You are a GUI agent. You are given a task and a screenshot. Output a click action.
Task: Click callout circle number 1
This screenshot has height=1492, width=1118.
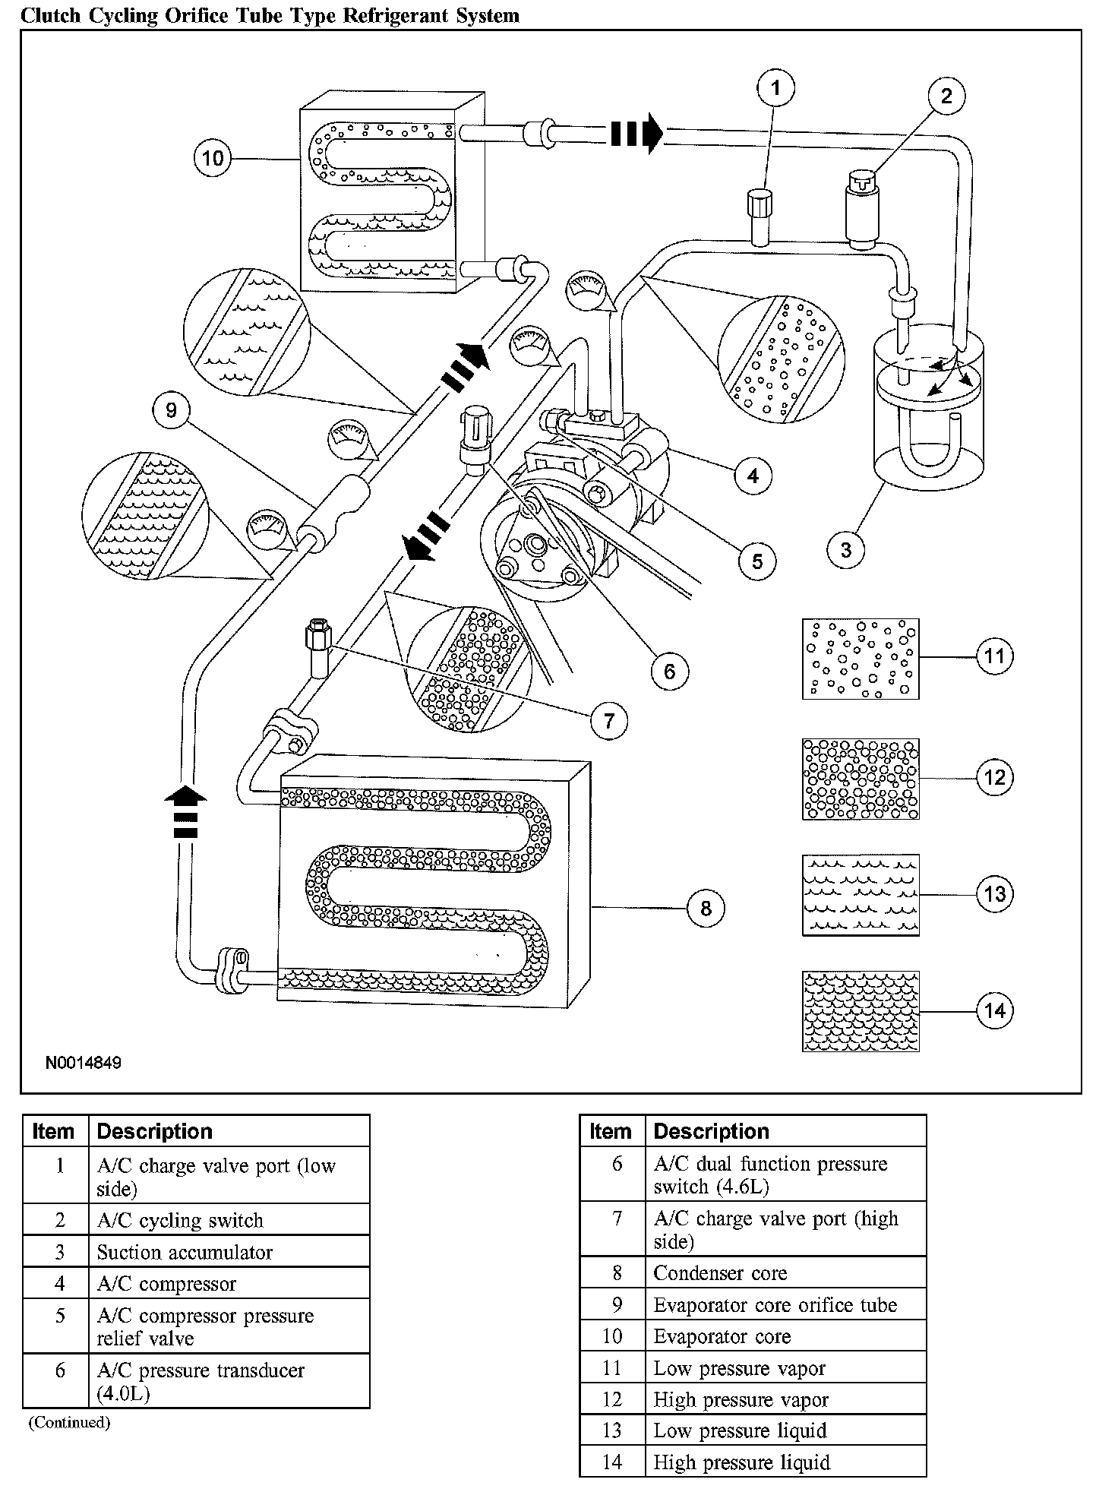pyautogui.click(x=775, y=88)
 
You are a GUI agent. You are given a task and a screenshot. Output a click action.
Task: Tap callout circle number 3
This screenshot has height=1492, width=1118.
pyautogui.click(x=846, y=548)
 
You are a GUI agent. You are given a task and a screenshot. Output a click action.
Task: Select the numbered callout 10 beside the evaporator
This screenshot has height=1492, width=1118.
pyautogui.click(x=213, y=158)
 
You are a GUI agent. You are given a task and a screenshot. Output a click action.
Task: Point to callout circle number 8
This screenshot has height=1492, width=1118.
pyautogui.click(x=706, y=908)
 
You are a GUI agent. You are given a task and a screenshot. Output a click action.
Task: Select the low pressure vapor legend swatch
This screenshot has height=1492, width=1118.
pyautogui.click(x=861, y=659)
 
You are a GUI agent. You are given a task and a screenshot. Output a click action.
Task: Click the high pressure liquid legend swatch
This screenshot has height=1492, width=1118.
pyautogui.click(x=861, y=1011)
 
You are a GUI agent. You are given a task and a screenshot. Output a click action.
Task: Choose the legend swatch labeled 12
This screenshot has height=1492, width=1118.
pyautogui.click(x=861, y=779)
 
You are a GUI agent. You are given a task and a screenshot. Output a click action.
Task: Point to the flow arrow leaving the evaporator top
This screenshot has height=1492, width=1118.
pyautogui.click(x=636, y=133)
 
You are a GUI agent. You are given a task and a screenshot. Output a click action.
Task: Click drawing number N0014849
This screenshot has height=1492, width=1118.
pyautogui.click(x=83, y=1063)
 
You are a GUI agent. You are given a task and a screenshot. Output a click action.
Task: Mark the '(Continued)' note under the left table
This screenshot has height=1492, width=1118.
pyautogui.click(x=69, y=1422)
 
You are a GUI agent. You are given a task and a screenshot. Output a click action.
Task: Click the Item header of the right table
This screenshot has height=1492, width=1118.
pyautogui.click(x=611, y=1131)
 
